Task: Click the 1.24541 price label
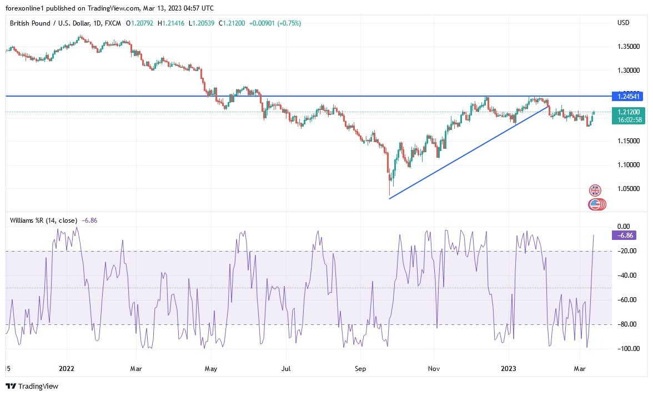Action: (626, 96)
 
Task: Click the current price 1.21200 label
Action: (626, 112)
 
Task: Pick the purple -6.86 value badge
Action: (624, 235)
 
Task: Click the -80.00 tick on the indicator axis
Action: (627, 324)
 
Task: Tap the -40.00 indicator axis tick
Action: (627, 275)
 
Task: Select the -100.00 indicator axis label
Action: (626, 349)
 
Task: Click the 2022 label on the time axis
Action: (66, 368)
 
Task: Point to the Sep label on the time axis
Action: (360, 368)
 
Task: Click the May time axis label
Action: (211, 368)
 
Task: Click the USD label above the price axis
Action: (623, 23)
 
